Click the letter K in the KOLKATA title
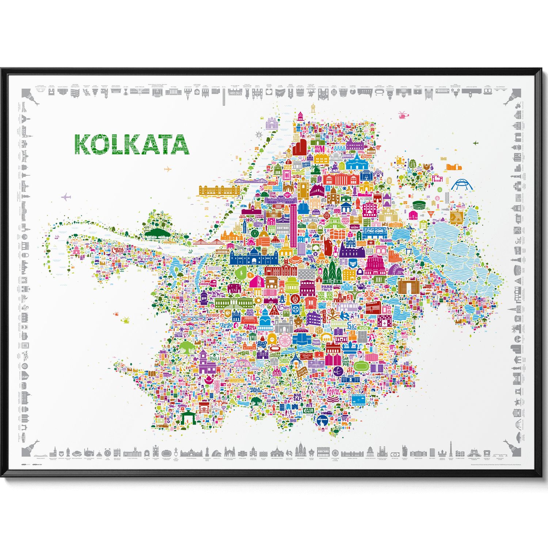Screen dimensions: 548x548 pos(82,144)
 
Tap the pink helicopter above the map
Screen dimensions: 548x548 pos(403,115)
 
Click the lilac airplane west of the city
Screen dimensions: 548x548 pos(66,198)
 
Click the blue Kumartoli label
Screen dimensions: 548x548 pos(279,160)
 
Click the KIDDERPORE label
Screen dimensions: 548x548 pos(208,283)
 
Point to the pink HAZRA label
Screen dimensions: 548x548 pos(250,327)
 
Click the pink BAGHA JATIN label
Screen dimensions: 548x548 pos(333,392)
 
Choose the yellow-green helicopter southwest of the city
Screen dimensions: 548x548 pos(125,320)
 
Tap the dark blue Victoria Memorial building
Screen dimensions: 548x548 pos(253,258)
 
